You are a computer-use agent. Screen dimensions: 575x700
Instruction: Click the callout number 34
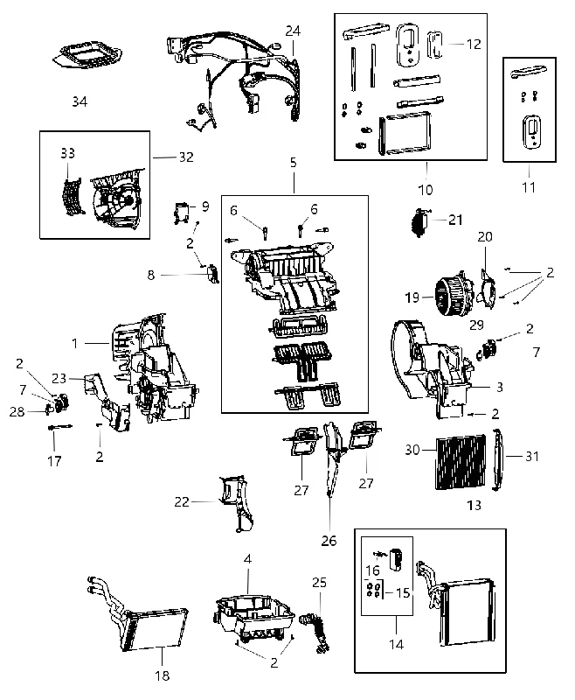[80, 101]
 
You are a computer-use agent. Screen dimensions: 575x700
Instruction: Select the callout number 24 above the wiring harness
[293, 31]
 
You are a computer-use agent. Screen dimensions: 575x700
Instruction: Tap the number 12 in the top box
[474, 44]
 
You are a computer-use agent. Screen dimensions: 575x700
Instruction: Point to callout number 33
[68, 153]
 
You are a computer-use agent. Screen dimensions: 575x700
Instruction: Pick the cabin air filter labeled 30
[460, 462]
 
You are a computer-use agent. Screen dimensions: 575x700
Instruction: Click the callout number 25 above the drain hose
[319, 582]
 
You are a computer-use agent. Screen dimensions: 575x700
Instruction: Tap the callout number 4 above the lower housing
[247, 558]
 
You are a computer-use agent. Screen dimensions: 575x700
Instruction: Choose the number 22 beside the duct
[182, 501]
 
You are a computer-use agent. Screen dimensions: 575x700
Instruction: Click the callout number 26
[329, 541]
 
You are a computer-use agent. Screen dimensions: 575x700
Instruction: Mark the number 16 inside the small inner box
[372, 570]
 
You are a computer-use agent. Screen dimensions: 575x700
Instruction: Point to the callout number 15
[403, 592]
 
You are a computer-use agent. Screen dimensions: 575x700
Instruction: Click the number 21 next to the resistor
[455, 220]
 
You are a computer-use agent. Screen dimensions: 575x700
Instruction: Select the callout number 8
[151, 275]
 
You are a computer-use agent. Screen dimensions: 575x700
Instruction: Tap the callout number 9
[205, 206]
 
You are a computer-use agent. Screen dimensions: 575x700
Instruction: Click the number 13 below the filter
[474, 505]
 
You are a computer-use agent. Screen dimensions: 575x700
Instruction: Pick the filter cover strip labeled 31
[498, 459]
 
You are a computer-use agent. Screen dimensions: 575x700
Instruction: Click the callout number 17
[54, 461]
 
